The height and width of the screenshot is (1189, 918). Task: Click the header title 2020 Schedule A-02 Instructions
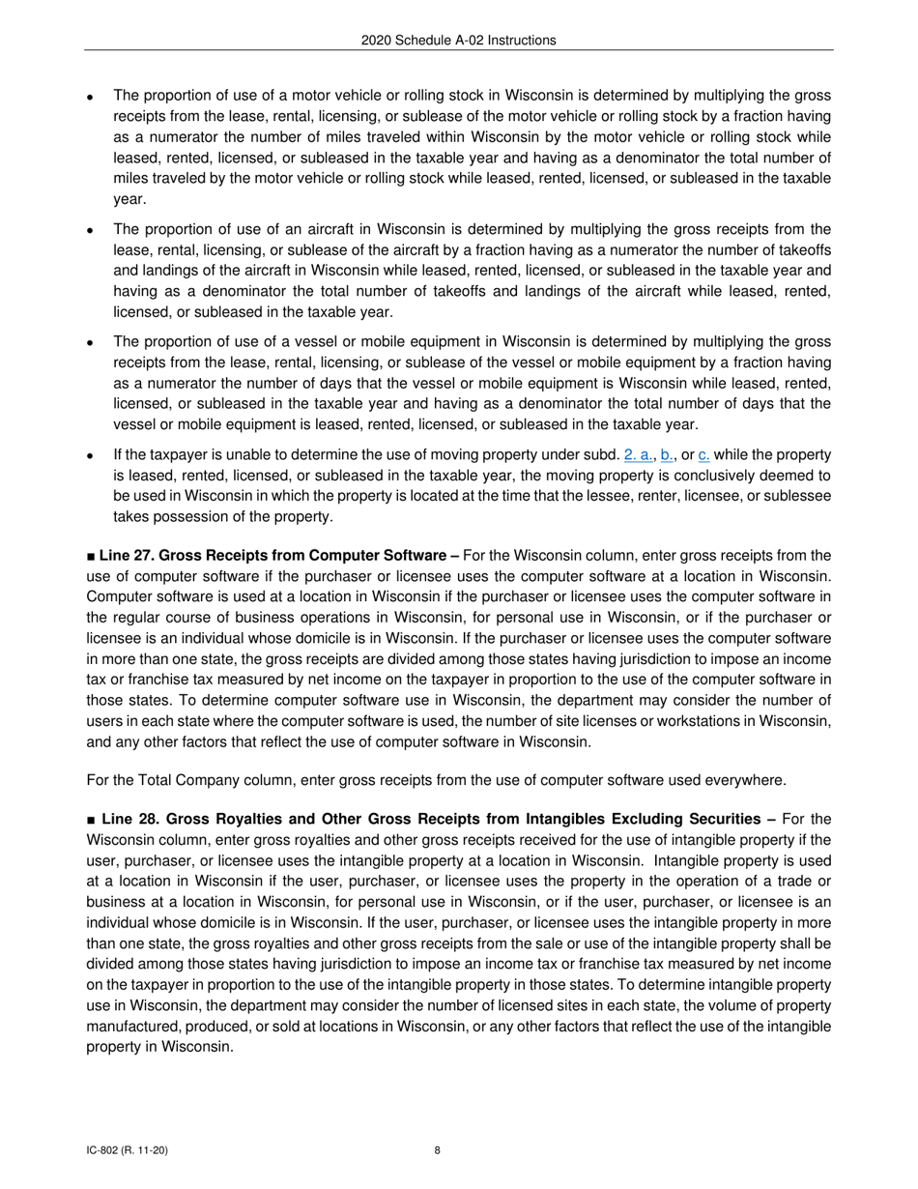pyautogui.click(x=458, y=40)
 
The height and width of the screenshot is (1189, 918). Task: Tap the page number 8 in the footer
pyautogui.click(x=437, y=1150)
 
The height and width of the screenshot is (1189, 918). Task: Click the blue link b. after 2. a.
pyautogui.click(x=667, y=454)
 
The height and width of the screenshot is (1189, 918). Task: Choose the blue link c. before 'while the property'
pyautogui.click(x=703, y=454)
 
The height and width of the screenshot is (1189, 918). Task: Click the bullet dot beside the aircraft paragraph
pyautogui.click(x=90, y=231)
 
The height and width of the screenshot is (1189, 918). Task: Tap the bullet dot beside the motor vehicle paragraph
pyautogui.click(x=90, y=98)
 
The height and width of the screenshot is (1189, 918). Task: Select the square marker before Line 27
pyautogui.click(x=90, y=556)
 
